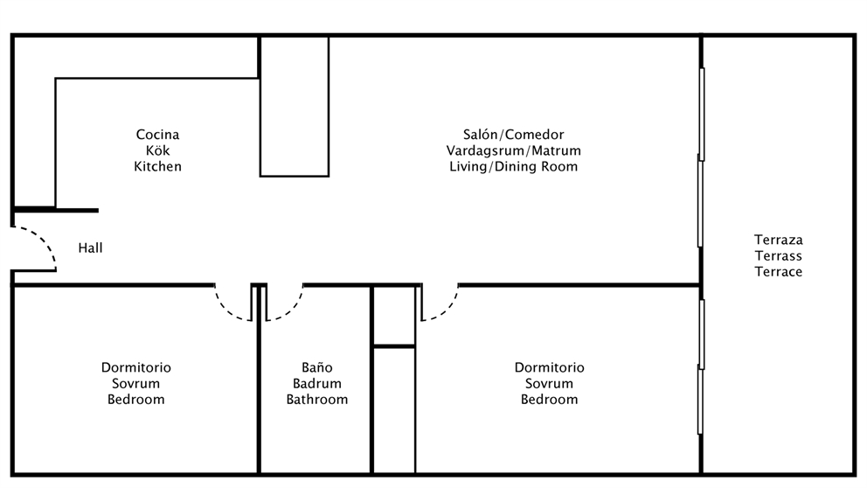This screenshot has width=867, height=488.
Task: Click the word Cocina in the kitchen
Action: click(x=157, y=135)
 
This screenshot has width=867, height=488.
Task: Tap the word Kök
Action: click(x=157, y=150)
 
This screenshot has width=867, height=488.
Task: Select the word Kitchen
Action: click(x=157, y=166)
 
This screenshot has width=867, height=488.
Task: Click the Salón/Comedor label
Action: click(x=514, y=135)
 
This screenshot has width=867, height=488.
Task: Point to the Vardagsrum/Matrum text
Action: click(x=514, y=150)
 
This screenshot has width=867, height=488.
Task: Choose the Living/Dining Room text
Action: click(x=514, y=166)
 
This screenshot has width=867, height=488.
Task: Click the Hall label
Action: click(x=90, y=247)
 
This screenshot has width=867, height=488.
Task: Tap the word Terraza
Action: click(x=779, y=241)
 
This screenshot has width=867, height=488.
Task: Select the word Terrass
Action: click(x=779, y=256)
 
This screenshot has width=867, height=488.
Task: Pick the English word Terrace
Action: click(x=779, y=272)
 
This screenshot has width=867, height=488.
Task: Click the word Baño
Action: click(x=317, y=367)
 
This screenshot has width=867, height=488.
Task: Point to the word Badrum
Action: click(x=317, y=383)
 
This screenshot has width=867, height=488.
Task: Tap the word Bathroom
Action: click(x=317, y=400)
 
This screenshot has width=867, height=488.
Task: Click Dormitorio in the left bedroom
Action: click(x=136, y=367)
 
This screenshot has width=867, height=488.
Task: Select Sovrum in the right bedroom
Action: click(x=549, y=383)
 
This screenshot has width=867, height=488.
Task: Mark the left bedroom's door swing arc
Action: click(x=226, y=310)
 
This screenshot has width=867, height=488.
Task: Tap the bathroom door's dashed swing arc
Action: click(x=291, y=310)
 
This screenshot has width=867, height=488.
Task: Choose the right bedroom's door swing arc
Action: click(x=447, y=310)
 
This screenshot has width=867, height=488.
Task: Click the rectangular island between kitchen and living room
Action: click(x=295, y=106)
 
